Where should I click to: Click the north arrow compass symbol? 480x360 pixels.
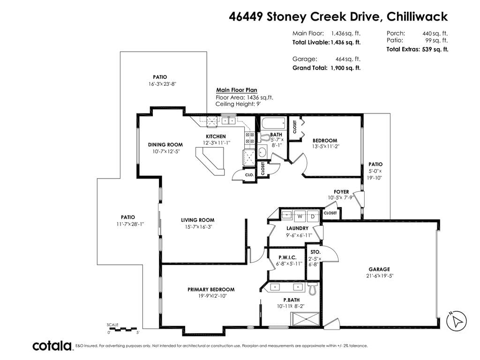457,321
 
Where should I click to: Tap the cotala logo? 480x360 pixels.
52,346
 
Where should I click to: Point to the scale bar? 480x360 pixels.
123,330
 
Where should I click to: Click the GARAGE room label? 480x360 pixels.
379,270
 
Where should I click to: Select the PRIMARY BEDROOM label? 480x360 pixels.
211,290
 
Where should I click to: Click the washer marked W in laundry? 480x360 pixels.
300,216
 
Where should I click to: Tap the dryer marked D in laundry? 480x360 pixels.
313,216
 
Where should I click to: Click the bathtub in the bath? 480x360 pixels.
273,124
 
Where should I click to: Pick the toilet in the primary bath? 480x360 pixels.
312,289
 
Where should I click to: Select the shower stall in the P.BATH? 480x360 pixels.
305,319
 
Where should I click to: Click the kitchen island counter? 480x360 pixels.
210,161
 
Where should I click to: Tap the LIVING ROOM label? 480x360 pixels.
198,220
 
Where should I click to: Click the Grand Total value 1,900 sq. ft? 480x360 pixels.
345,68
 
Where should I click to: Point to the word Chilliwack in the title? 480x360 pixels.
417,16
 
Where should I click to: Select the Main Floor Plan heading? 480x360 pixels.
237,90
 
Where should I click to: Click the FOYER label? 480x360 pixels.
341,192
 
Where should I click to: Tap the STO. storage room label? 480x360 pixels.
315,252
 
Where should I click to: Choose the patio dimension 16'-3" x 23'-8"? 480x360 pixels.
162,84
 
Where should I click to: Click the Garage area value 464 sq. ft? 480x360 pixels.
348,59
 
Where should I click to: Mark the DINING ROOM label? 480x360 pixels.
165,145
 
